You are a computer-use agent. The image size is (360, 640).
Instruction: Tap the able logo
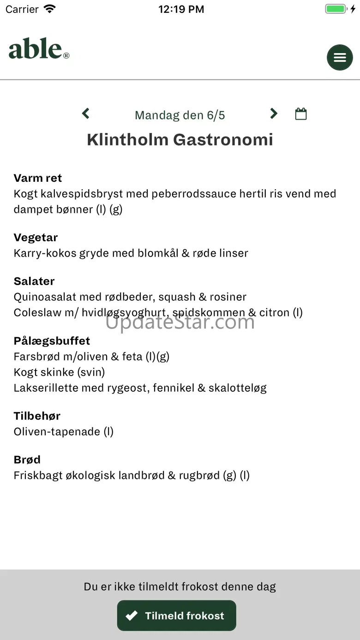(x=39, y=49)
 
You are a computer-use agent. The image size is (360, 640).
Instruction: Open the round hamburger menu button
(x=340, y=57)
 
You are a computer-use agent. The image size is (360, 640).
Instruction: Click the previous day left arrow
(x=86, y=114)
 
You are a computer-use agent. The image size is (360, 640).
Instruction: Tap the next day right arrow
(x=274, y=114)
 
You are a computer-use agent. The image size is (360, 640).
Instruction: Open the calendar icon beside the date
(x=301, y=114)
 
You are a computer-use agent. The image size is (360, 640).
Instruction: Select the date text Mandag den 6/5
(x=180, y=115)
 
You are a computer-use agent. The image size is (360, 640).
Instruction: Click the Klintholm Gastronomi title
(x=180, y=139)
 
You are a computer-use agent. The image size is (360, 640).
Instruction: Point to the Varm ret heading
(x=38, y=178)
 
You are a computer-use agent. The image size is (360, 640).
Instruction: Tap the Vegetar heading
(x=36, y=238)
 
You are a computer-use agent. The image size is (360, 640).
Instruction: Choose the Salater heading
(x=34, y=281)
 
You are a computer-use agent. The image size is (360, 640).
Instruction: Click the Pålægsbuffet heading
(x=52, y=341)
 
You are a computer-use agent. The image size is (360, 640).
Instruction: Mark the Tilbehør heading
(x=37, y=416)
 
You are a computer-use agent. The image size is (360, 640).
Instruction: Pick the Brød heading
(x=27, y=460)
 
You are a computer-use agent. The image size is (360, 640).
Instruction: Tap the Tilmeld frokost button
(x=176, y=616)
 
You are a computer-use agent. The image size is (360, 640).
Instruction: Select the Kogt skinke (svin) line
(x=59, y=372)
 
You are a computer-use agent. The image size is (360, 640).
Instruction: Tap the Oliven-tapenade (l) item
(x=64, y=431)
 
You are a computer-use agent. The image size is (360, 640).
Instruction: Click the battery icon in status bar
(x=336, y=9)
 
